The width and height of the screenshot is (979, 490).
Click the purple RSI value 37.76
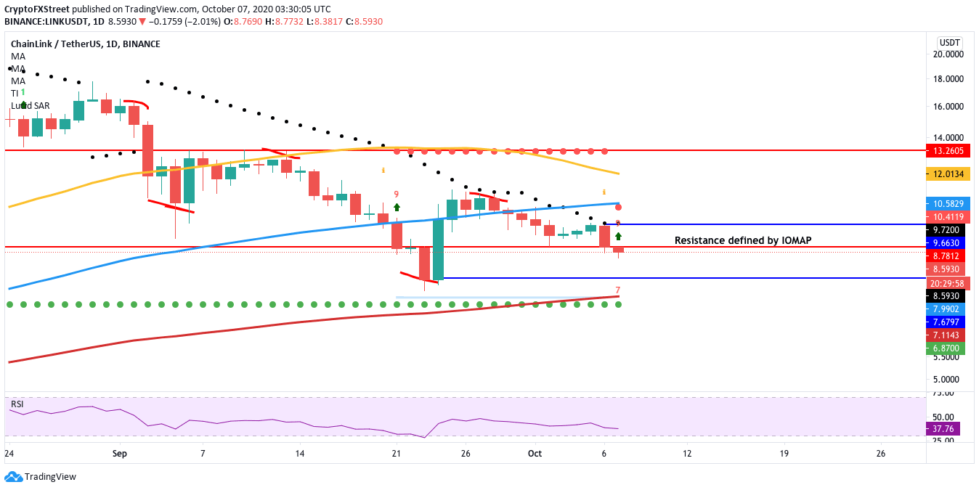click(x=946, y=428)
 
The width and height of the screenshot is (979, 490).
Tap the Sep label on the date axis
click(x=120, y=454)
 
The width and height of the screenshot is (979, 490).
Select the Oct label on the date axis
click(x=535, y=454)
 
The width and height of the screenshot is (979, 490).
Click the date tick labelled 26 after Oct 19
click(x=880, y=454)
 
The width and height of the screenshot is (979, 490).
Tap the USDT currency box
click(x=949, y=41)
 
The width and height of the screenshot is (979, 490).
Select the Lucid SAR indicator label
click(x=30, y=105)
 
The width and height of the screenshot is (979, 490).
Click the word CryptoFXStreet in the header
click(x=37, y=9)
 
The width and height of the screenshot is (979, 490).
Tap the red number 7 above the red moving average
click(x=617, y=290)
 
